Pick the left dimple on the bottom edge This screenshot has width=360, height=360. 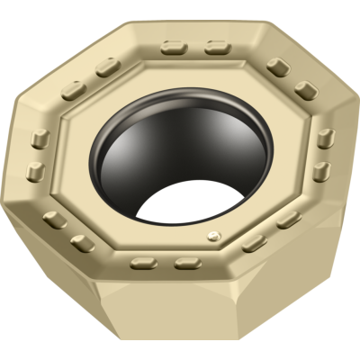[141, 263]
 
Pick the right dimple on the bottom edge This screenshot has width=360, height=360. [186, 263]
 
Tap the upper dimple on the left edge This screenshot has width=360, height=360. [40, 138]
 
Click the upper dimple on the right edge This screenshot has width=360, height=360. [326, 138]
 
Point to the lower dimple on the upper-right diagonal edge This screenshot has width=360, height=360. [306, 90]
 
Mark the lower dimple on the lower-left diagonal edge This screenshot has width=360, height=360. [84, 241]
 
